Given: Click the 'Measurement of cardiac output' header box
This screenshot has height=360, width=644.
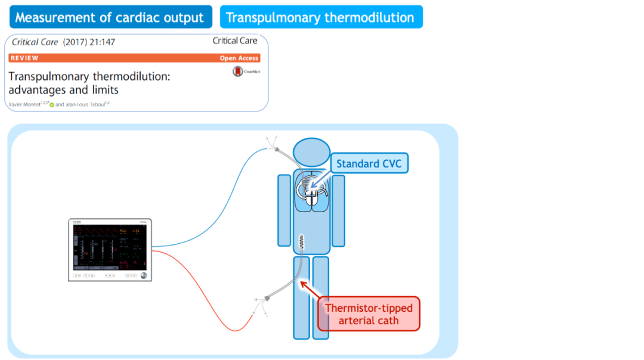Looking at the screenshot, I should [110, 17].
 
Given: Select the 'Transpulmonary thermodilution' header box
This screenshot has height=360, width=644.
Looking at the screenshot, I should [320, 17].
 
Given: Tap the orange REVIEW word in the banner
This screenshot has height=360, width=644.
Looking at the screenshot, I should [24, 58].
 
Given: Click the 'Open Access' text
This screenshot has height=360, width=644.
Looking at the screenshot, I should [239, 58].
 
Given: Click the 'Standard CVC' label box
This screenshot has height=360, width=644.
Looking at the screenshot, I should [369, 163].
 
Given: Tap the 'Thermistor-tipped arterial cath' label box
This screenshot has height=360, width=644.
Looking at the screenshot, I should [369, 314].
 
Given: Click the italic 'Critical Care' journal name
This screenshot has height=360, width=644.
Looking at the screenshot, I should [35, 42].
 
